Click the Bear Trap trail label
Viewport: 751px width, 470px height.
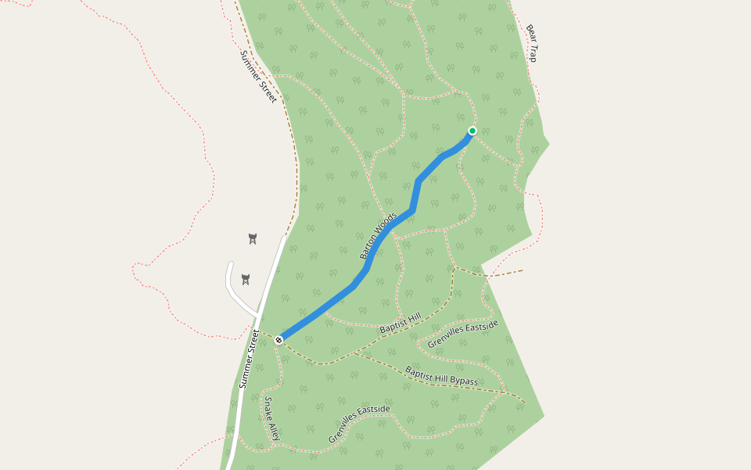[x=532, y=43]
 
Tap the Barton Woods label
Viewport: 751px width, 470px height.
[x=378, y=235]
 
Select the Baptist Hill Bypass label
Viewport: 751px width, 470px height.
[x=441, y=376]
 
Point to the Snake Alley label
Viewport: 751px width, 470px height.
[x=269, y=418]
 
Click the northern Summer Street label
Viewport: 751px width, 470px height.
[x=258, y=76]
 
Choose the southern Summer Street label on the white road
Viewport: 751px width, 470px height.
[x=249, y=359]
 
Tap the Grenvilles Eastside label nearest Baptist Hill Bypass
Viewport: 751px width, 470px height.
[x=462, y=334]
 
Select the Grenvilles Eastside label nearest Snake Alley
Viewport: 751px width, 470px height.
[x=359, y=424]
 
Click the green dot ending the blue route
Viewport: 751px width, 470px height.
[x=472, y=131]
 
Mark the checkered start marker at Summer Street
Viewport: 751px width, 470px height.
[x=278, y=339]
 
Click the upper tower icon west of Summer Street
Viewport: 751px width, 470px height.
[x=252, y=238]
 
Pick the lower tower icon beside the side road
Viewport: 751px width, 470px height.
[x=246, y=280]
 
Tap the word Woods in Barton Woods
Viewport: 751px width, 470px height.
[x=385, y=224]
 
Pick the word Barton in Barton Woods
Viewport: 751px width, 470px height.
[x=369, y=246]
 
